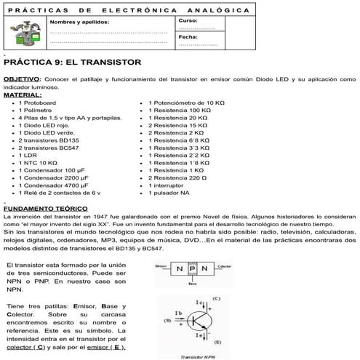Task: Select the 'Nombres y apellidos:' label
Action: pos(79,22)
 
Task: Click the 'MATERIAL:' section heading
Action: pos(23,95)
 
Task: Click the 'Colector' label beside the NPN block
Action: pos(225,265)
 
